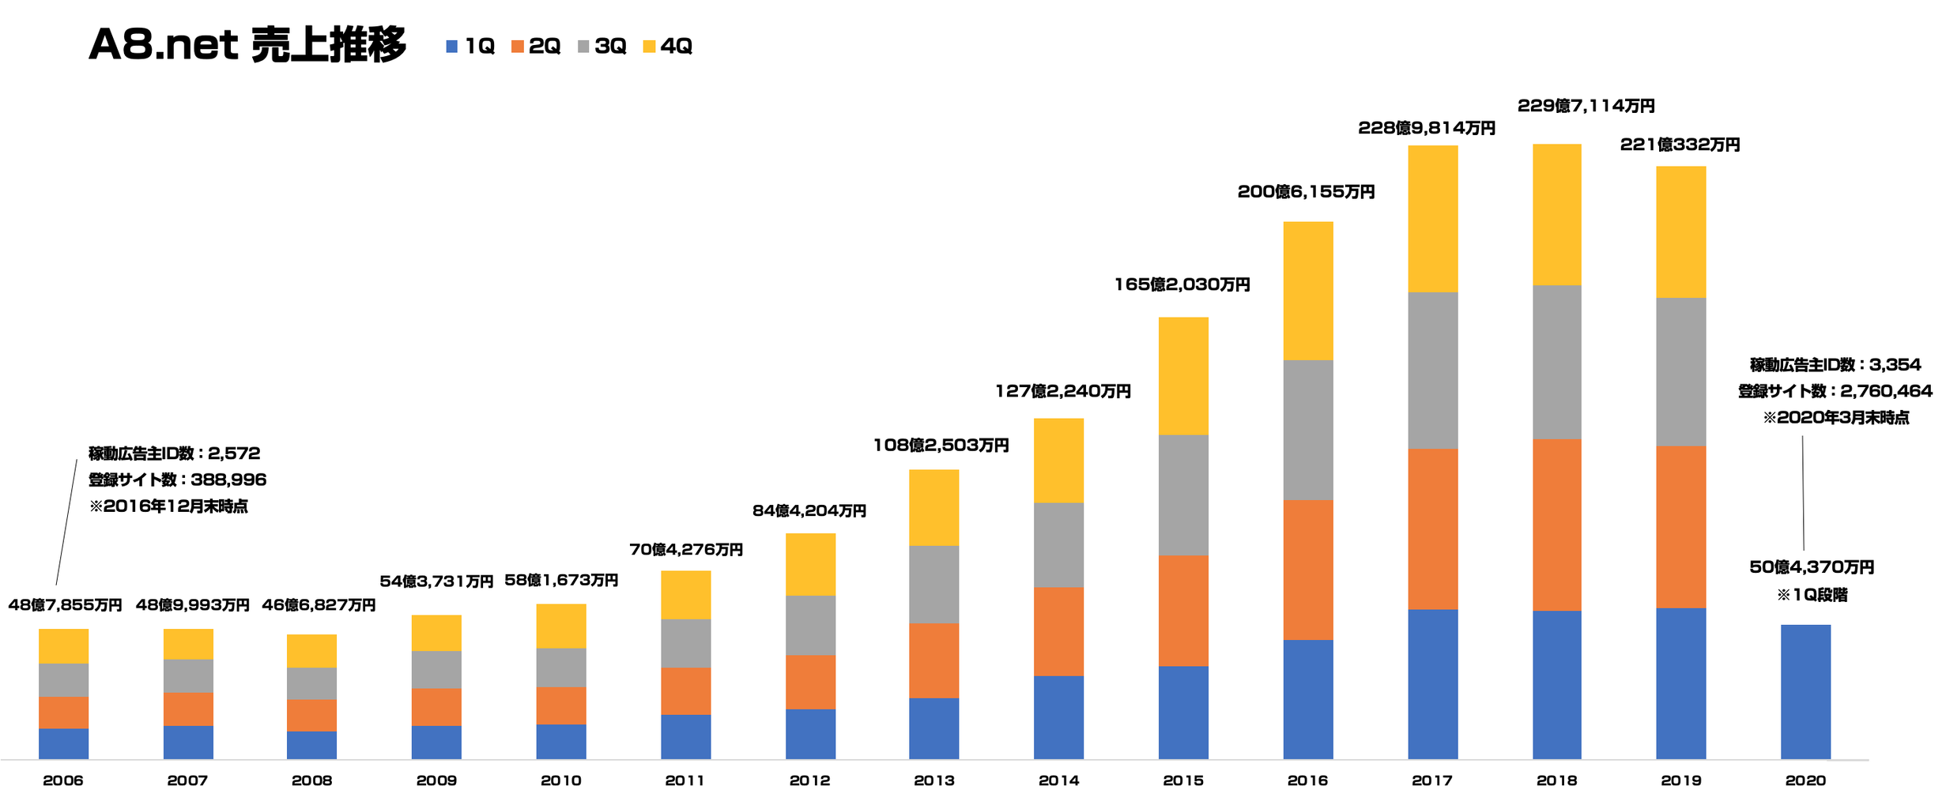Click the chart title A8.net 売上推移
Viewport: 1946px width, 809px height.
coord(247,45)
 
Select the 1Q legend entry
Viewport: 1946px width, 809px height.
coord(471,47)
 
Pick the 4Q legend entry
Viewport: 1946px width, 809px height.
coord(668,47)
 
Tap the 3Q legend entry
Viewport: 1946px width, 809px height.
coord(602,47)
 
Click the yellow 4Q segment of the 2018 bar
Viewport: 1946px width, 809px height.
coord(1556,214)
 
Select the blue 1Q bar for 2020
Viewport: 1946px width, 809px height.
coord(1805,691)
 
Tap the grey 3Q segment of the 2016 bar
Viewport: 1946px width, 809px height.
coord(1307,430)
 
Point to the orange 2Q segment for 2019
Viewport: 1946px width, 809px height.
coord(1680,527)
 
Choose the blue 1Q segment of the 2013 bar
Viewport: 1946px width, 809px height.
coord(933,728)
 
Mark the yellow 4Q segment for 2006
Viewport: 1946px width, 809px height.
coord(63,645)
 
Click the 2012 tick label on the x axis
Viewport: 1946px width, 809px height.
coord(809,781)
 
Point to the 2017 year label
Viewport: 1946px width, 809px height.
coord(1431,781)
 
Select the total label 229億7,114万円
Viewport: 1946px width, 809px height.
coord(1586,106)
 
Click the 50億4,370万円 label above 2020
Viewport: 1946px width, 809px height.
coord(1812,567)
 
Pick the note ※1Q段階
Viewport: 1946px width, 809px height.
coord(1812,595)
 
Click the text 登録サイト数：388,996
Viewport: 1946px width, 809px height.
coord(177,480)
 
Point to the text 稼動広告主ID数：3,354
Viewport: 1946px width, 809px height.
coord(1835,365)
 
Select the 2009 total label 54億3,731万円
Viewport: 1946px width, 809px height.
coord(436,581)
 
